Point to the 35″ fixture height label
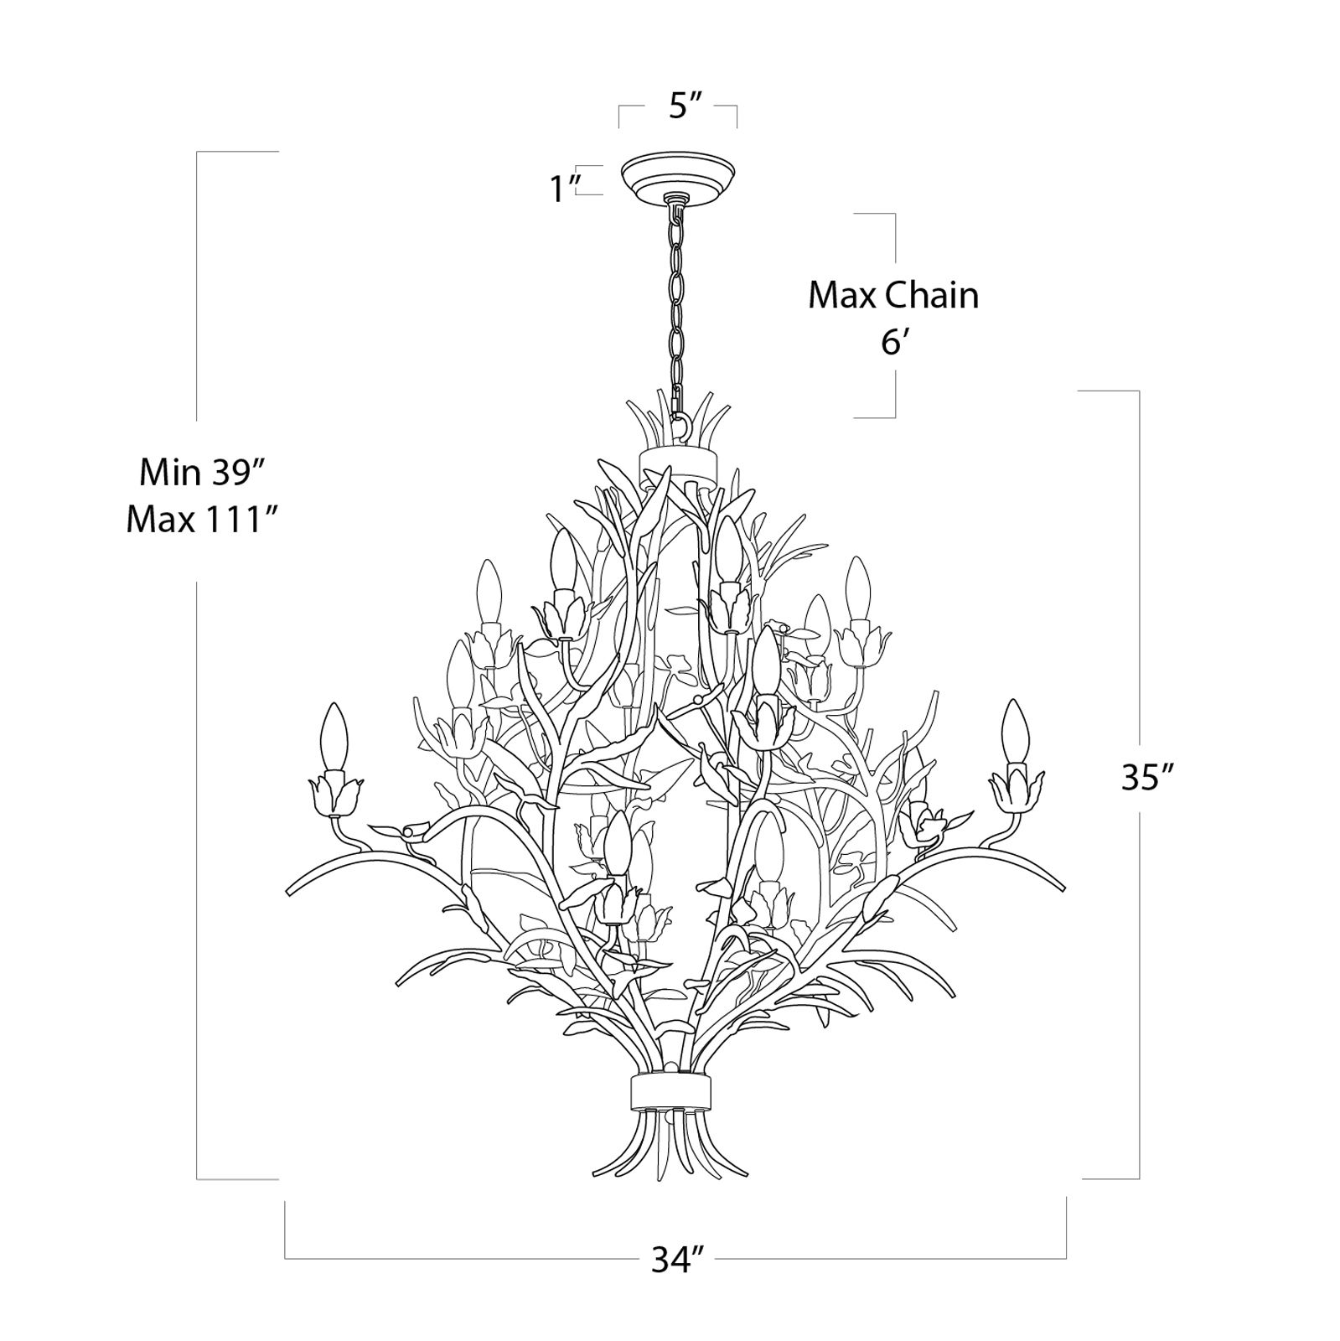[1146, 779]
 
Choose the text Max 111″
[202, 520]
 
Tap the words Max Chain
[892, 296]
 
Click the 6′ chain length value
[894, 343]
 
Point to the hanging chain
[676, 293]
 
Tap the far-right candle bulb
[1016, 727]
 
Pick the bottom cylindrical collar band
[670, 1091]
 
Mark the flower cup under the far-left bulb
[335, 795]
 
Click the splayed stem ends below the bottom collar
[670, 1152]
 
